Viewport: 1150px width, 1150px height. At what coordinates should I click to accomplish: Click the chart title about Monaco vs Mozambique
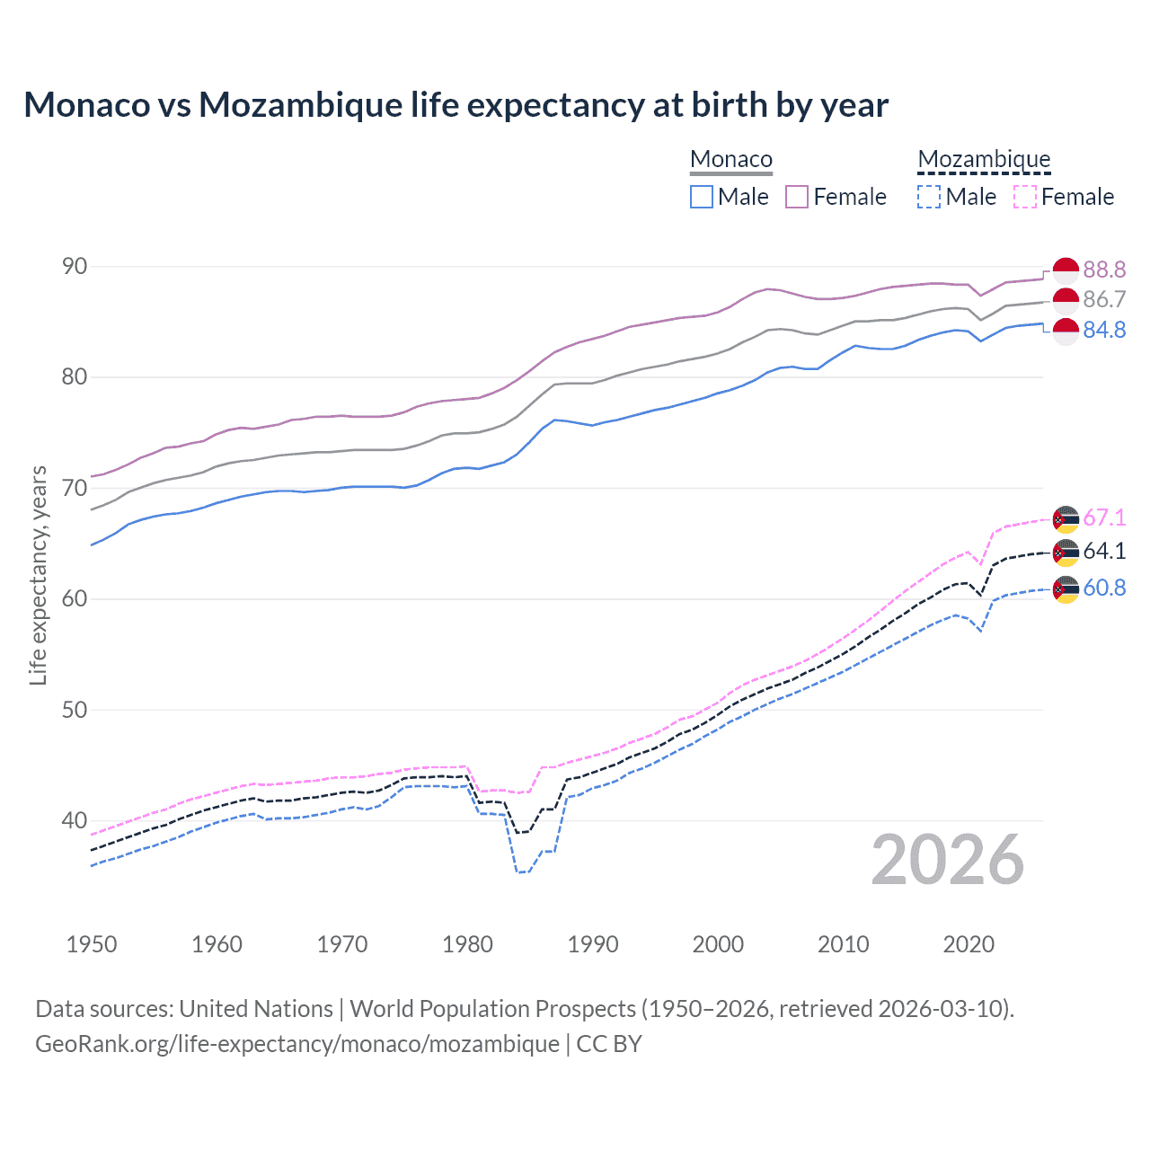tap(456, 105)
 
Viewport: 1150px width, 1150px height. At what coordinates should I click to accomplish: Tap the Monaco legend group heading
tap(730, 160)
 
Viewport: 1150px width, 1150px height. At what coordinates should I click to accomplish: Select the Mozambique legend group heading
tap(984, 160)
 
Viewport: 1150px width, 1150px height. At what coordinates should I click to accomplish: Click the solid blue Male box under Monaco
tap(702, 197)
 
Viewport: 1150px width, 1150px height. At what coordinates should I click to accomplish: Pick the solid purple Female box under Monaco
tap(797, 197)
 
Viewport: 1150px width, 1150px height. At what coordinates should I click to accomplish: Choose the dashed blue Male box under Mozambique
tap(929, 197)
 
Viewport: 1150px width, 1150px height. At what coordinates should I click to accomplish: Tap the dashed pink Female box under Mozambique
tap(1025, 197)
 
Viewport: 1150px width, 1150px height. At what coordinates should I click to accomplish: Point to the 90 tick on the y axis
tap(75, 267)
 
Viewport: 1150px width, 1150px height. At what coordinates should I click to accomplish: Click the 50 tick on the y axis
tap(75, 710)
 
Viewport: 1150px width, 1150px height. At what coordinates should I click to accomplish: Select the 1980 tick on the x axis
tap(467, 944)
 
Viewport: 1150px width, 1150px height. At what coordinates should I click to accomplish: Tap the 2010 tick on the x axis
tap(843, 944)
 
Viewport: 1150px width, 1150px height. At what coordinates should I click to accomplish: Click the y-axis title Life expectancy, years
tap(39, 575)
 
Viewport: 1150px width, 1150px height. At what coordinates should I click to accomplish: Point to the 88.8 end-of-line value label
tap(1104, 270)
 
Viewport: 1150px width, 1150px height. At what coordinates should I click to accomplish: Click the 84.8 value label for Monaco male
tap(1104, 331)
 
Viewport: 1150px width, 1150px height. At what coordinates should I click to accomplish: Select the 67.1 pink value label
tap(1104, 518)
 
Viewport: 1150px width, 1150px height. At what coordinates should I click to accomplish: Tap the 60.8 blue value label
tap(1104, 588)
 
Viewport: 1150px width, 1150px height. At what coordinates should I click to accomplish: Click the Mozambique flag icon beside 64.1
tap(1066, 553)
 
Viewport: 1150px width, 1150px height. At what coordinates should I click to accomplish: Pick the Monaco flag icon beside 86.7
tap(1066, 300)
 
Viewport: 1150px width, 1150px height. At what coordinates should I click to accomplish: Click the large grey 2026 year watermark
tap(947, 860)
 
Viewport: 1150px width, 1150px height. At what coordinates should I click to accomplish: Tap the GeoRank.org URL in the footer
tap(296, 1044)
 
